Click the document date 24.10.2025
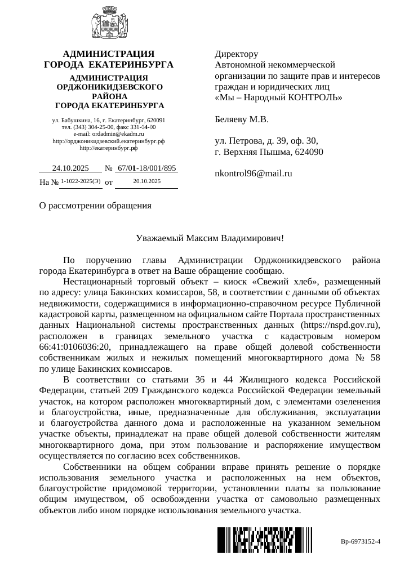tap(70, 168)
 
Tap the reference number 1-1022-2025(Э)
tap(81, 181)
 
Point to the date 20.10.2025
tap(147, 181)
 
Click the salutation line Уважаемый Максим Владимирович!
tap(210, 238)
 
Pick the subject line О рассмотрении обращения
tap(95, 205)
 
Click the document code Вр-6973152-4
tap(361, 542)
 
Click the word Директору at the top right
tap(237, 55)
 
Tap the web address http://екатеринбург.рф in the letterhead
tap(109, 148)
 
